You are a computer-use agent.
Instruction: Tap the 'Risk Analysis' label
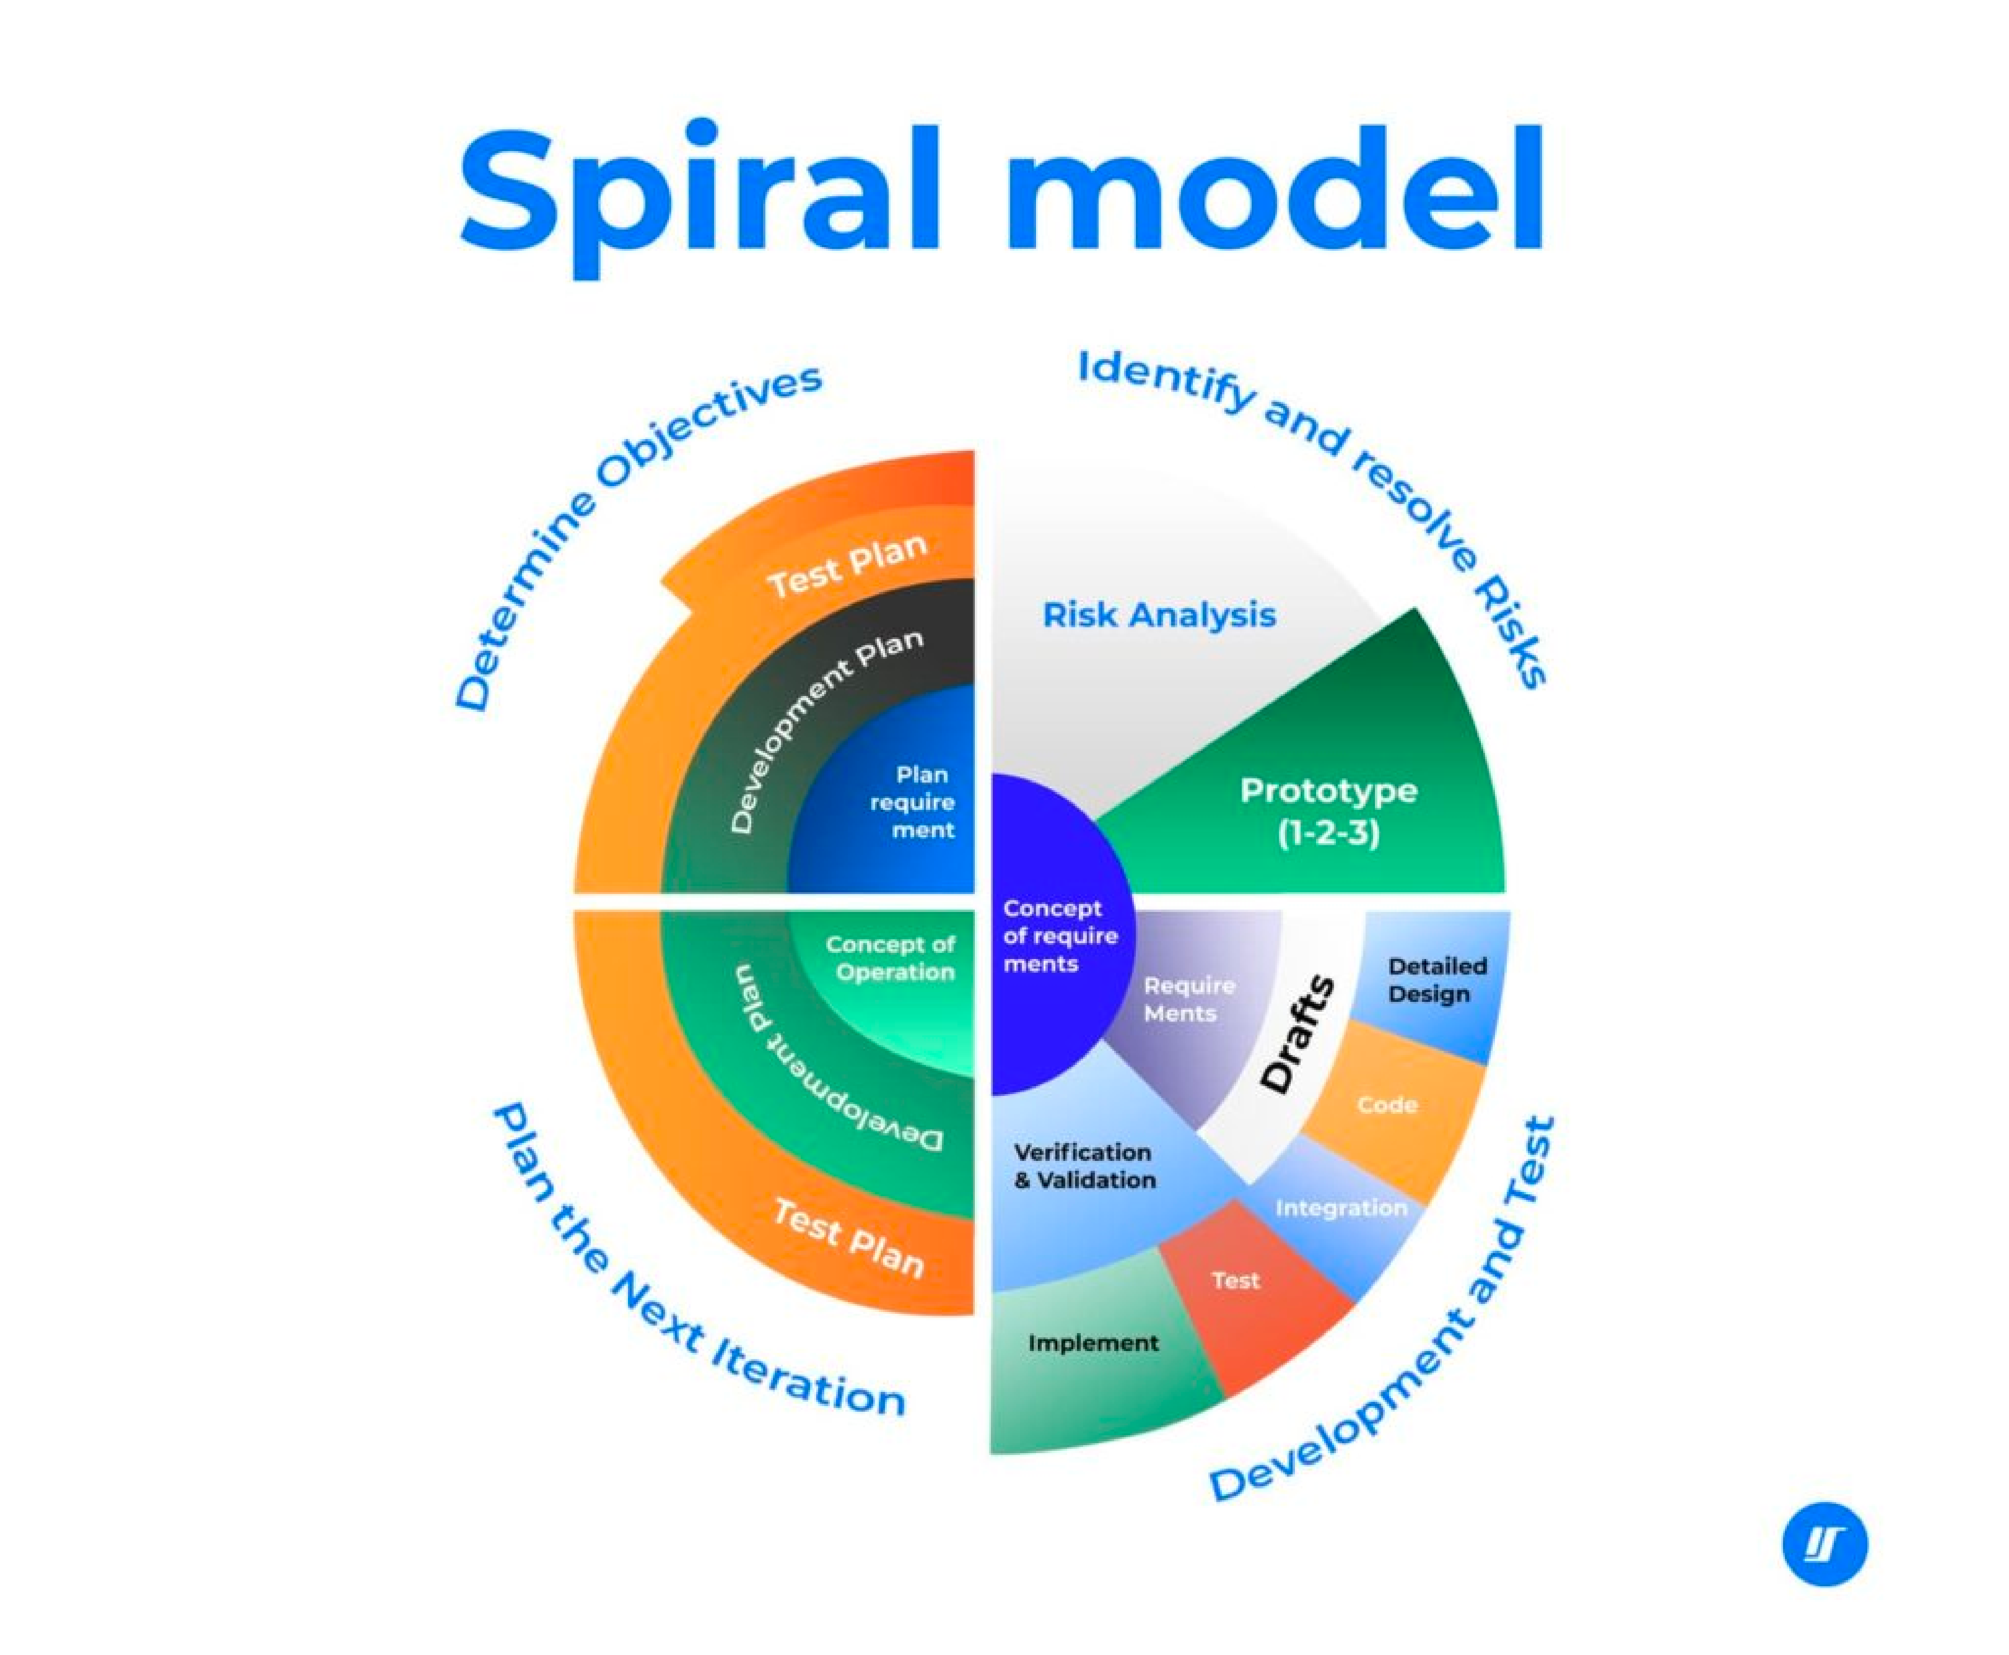click(1158, 615)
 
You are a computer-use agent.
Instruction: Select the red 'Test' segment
click(1236, 1280)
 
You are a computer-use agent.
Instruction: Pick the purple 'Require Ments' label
click(1188, 999)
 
